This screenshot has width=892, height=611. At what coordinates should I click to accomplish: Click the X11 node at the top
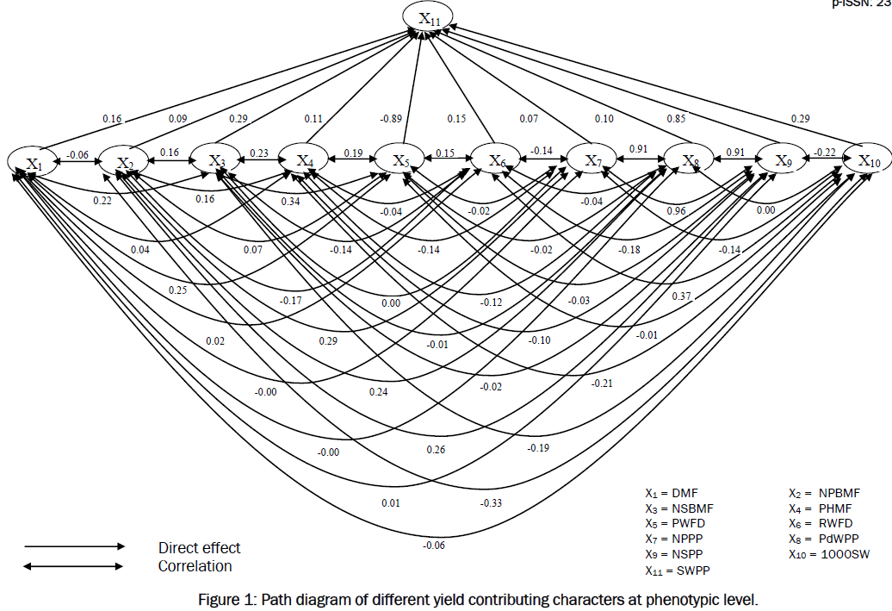tap(429, 18)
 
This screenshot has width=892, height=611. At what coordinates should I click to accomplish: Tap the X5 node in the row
tap(400, 160)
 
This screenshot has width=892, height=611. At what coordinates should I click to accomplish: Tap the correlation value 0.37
tap(682, 296)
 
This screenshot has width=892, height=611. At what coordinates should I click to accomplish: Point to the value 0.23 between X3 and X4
tap(259, 153)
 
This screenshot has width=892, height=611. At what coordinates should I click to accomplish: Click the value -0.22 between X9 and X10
tap(825, 153)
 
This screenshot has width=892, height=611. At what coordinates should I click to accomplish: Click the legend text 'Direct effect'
tap(199, 548)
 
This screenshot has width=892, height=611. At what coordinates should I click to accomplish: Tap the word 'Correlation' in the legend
tap(195, 566)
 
